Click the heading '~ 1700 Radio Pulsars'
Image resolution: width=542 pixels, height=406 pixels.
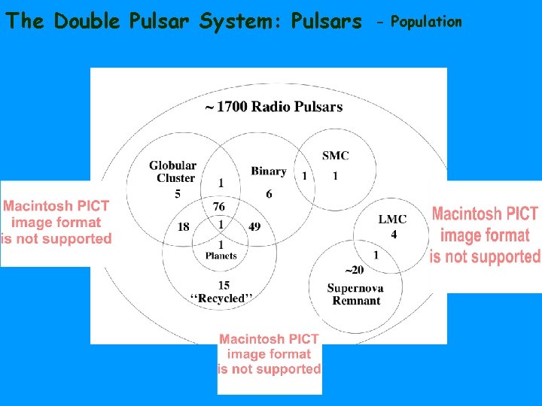(273, 107)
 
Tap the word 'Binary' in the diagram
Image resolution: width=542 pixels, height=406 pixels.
(268, 171)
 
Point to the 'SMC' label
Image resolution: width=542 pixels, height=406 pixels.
(335, 156)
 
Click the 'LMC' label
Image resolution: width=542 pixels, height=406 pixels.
(392, 219)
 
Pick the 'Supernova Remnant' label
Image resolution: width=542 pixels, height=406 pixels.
(355, 295)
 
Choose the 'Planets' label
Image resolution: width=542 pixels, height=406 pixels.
(221, 256)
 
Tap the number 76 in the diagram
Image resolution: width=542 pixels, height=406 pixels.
(219, 207)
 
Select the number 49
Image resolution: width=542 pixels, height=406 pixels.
(254, 226)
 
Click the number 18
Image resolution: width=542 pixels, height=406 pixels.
(183, 226)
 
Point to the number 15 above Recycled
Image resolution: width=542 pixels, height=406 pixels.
(224, 285)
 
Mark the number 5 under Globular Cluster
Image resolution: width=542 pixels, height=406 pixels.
(178, 195)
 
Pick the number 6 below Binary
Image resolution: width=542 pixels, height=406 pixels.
(269, 195)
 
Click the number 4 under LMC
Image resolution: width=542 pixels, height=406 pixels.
(394, 235)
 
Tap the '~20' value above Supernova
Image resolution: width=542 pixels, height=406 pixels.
(354, 270)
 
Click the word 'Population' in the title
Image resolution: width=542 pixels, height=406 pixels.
(426, 21)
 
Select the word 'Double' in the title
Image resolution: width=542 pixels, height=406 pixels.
(87, 21)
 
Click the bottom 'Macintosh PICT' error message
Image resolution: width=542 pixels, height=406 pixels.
(269, 354)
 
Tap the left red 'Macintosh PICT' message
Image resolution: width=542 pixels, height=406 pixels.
(56, 222)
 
